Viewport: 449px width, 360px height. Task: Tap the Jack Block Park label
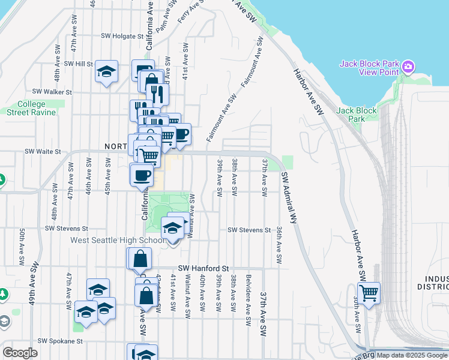pos(357,115)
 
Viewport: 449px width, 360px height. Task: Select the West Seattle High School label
pos(117,240)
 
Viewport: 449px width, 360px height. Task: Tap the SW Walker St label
pos(52,92)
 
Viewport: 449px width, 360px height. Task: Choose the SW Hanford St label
pos(204,268)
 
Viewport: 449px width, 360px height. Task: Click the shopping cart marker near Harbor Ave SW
pos(369,293)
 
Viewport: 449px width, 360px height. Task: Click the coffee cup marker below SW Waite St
pos(142,175)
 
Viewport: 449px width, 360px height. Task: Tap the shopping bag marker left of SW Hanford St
pos(139,259)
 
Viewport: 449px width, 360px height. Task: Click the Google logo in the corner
pos(20,353)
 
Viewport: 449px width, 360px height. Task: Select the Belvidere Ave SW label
pos(248,294)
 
